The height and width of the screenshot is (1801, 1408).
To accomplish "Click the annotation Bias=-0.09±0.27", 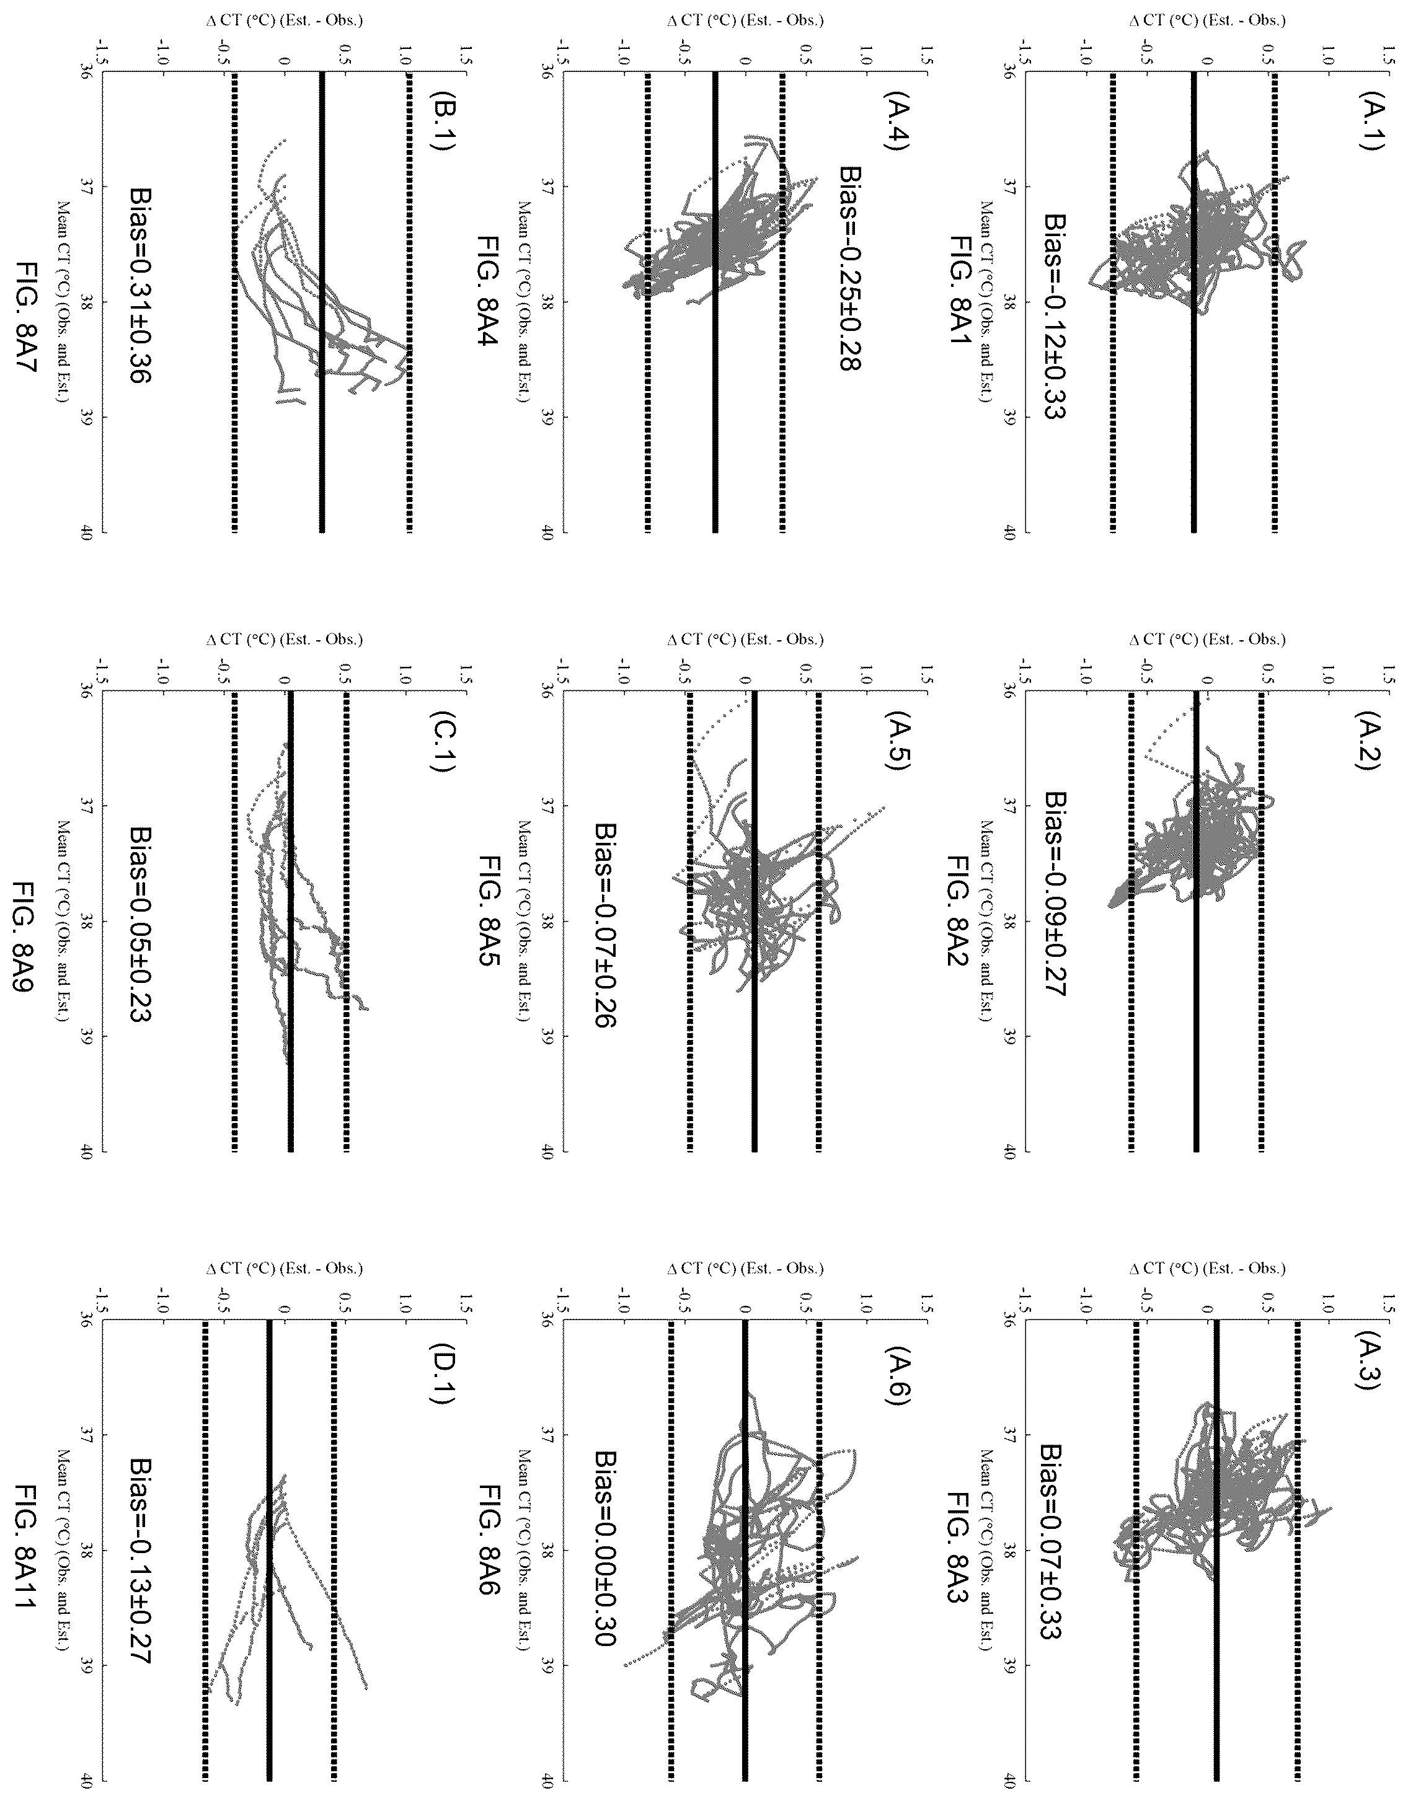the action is click(x=1053, y=894).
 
